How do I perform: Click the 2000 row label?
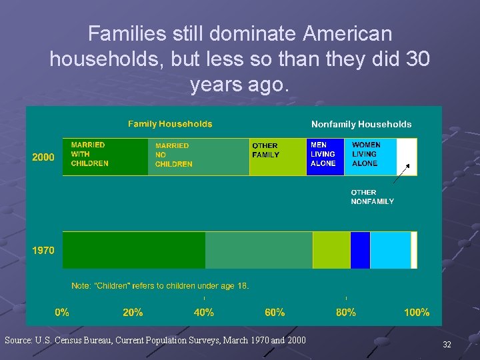43,157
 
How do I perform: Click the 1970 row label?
43,251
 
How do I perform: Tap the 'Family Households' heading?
170,124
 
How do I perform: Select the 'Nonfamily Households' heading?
361,124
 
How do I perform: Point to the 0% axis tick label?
62,312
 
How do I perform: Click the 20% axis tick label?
133,312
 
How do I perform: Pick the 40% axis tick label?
204,312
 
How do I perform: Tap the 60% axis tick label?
275,312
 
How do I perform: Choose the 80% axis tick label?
346,312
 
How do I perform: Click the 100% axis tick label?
417,312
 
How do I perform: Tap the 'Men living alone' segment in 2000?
325,157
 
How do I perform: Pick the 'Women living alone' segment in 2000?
370,157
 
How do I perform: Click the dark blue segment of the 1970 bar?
360,250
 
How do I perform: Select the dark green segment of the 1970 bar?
133,250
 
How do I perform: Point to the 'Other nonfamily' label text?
372,197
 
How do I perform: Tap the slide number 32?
447,345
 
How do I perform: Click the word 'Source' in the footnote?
17,341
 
